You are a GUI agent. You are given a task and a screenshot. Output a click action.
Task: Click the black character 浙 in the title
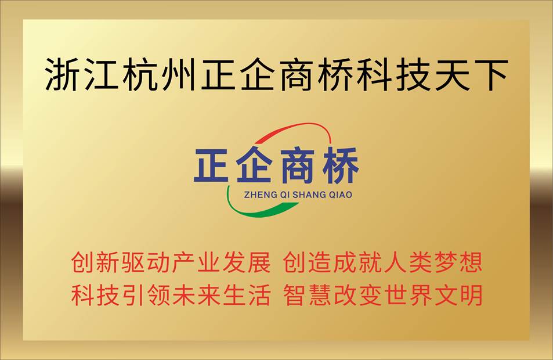tap(63, 75)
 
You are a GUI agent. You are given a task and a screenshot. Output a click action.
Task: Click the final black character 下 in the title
tap(490, 75)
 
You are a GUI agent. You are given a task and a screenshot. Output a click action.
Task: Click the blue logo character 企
tap(254, 165)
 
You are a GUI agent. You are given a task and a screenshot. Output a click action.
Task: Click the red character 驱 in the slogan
tap(133, 262)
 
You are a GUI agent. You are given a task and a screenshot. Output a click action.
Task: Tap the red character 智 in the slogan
tap(295, 295)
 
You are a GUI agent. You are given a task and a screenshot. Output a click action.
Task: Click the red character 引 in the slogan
tap(133, 295)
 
